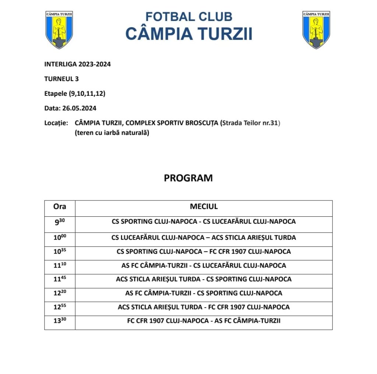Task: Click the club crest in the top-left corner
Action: pos(59,29)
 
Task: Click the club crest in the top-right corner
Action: pos(316,29)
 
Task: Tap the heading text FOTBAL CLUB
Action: pos(188,17)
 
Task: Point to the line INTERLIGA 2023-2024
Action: pos(77,64)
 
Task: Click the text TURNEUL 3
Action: pos(61,79)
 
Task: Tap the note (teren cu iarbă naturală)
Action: pos(112,133)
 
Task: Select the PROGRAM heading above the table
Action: pos(188,178)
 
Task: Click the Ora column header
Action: pos(60,207)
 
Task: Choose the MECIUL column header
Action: pos(204,207)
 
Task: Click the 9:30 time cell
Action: pos(60,222)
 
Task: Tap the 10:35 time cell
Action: pos(60,252)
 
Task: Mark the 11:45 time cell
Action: pos(60,279)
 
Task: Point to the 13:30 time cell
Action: pos(60,321)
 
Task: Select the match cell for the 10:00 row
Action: pos(204,238)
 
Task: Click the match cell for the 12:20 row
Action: pos(204,293)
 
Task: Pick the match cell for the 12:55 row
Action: pos(204,307)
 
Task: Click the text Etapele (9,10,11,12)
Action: pos(75,94)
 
